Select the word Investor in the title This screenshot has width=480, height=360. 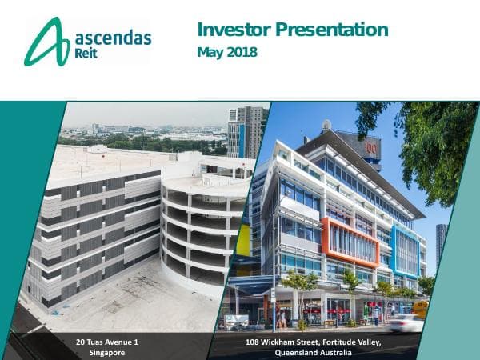233,30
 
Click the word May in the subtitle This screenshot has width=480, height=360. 210,53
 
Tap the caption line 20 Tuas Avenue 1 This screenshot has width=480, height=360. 107,342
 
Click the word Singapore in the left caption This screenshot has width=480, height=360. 107,352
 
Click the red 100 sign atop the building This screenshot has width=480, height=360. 370,148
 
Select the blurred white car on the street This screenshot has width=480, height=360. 406,322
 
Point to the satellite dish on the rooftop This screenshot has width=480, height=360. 326,125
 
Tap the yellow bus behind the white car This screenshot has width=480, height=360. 421,308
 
